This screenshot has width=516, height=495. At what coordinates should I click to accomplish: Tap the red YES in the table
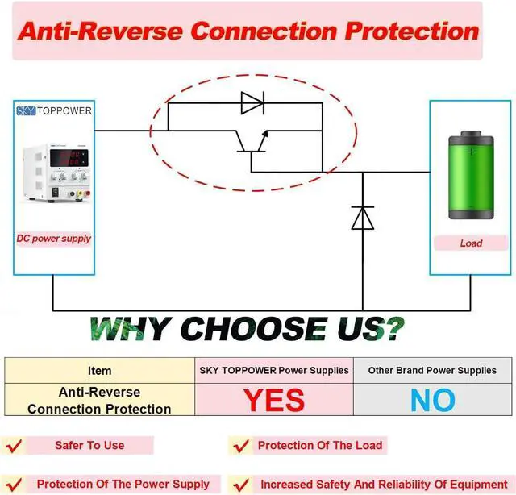[274, 400]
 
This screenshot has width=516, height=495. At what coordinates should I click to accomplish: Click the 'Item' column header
[99, 371]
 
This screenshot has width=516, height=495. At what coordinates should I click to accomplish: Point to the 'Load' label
[470, 243]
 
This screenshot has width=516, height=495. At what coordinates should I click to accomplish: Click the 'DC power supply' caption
[54, 239]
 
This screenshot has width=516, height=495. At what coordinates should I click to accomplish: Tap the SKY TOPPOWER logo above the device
[54, 110]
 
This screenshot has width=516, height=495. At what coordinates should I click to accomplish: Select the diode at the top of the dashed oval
[252, 103]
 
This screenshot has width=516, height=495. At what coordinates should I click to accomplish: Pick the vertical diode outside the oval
[363, 218]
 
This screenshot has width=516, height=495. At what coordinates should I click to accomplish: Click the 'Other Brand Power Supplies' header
[432, 371]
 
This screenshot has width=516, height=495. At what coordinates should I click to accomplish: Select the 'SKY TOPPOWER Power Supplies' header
[274, 371]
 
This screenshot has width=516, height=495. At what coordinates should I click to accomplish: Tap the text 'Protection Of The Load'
[320, 445]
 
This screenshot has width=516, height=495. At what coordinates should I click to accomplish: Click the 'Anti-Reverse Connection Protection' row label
[99, 401]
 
